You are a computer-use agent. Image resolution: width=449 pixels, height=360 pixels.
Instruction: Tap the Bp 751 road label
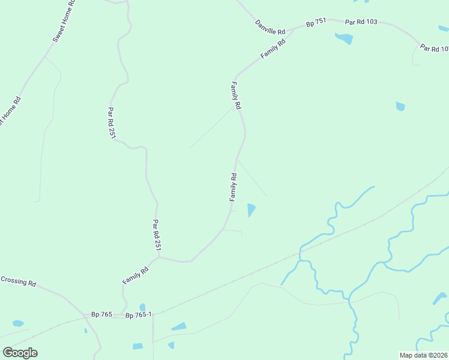coord(316,23)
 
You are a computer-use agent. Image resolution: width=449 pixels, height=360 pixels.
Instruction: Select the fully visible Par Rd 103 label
coord(361,22)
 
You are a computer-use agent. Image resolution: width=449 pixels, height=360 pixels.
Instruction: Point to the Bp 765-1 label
coord(139,314)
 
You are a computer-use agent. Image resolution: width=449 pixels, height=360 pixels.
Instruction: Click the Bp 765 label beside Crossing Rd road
coord(101,314)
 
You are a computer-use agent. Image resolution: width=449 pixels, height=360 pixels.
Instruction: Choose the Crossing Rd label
coord(18,280)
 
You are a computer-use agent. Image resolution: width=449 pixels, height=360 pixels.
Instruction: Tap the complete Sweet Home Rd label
coord(64,20)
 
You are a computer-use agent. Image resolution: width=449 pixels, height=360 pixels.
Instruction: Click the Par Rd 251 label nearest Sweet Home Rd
coord(111,123)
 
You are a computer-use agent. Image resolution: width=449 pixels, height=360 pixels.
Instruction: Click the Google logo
coord(20,353)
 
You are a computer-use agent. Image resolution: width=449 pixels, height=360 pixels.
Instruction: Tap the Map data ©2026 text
coord(424,355)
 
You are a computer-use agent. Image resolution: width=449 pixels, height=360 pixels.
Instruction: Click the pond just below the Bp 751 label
coord(344,39)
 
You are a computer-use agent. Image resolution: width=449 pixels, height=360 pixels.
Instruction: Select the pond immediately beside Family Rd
coord(251,209)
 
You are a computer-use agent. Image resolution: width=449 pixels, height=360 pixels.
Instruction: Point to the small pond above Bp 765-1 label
coord(142,307)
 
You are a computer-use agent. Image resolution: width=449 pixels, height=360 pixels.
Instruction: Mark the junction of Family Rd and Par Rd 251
coord(159,258)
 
